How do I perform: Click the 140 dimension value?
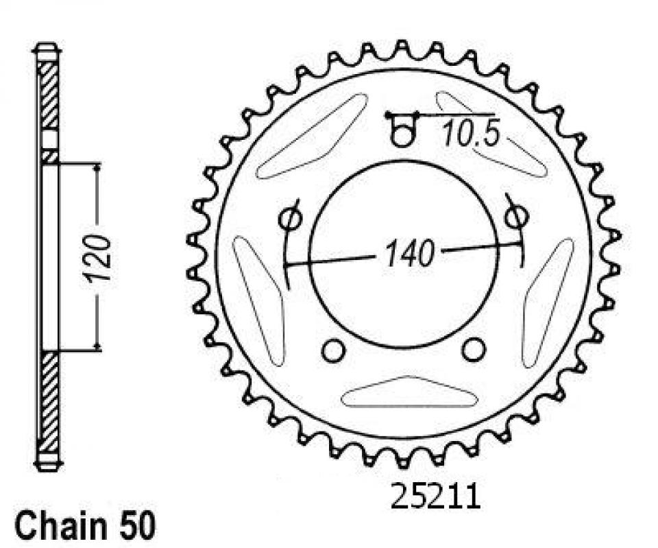point(409,253)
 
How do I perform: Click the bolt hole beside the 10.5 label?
point(403,135)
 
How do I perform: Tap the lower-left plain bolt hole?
point(333,351)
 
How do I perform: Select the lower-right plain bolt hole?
point(474,349)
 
